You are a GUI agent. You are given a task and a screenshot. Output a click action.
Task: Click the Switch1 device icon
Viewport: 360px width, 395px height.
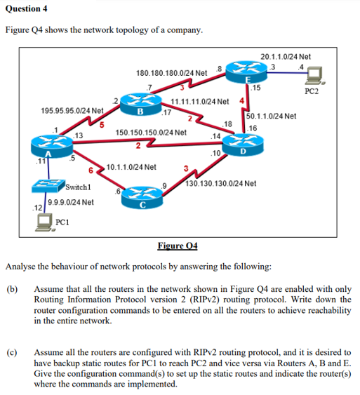point(47,185)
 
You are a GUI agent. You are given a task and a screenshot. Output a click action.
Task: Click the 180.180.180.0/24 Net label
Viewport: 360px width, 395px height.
point(171,72)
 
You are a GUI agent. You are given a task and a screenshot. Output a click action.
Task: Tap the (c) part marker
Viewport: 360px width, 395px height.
point(12,349)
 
